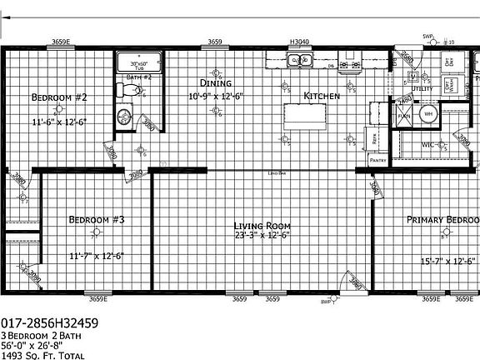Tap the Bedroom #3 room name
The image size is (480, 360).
[97, 220]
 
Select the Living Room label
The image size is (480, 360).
[261, 226]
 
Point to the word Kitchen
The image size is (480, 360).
[322, 97]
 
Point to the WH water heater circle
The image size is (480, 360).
[429, 114]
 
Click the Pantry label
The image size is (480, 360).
[377, 159]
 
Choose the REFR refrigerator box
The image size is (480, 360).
[376, 141]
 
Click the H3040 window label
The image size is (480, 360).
[298, 41]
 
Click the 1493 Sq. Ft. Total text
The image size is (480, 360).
[43, 355]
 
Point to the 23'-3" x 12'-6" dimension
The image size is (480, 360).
[262, 236]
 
